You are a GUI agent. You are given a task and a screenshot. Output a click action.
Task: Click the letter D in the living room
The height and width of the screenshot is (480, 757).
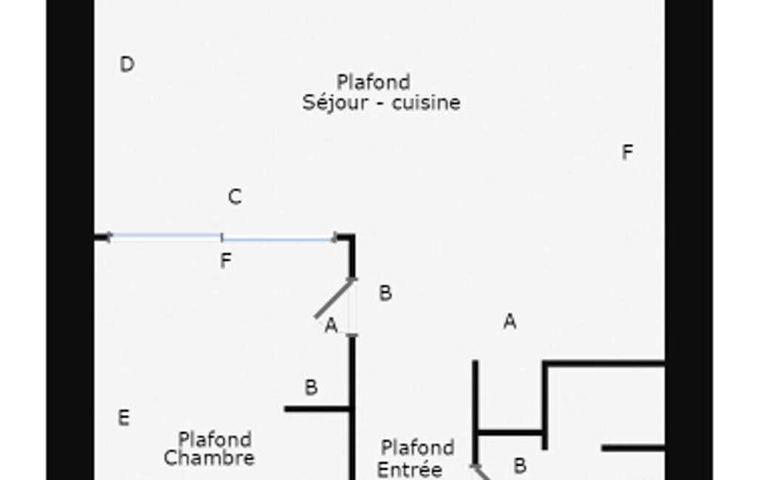click(127, 64)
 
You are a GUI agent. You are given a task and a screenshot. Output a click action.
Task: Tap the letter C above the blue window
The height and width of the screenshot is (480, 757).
click(235, 197)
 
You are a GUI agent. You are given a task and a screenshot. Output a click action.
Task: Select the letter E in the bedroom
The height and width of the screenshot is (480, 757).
click(123, 418)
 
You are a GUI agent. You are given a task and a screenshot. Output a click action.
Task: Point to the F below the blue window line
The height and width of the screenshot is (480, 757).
click(225, 261)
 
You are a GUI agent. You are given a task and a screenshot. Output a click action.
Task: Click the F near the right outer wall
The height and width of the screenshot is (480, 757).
click(627, 153)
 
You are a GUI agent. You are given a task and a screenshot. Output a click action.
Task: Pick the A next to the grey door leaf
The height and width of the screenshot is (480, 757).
click(331, 326)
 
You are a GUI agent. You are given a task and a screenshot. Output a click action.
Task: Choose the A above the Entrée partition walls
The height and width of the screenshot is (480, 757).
click(510, 322)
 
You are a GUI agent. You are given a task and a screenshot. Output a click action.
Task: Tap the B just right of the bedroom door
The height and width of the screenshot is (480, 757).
click(386, 293)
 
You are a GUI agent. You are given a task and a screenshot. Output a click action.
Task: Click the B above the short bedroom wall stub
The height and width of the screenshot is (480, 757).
click(311, 387)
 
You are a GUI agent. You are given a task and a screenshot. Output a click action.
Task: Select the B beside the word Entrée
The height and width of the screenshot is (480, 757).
click(519, 466)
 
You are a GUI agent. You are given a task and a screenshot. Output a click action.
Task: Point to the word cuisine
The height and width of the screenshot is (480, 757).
click(426, 103)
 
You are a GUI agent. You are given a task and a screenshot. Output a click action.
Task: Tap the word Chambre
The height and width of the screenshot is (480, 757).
click(209, 459)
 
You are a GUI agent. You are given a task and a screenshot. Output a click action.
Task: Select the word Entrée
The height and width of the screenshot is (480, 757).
click(409, 470)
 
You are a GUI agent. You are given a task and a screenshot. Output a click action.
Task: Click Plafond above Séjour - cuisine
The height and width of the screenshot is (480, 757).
click(374, 82)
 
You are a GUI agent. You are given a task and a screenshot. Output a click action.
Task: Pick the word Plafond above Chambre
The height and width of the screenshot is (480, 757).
click(215, 440)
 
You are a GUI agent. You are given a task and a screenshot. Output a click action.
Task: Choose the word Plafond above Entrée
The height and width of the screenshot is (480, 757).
click(417, 448)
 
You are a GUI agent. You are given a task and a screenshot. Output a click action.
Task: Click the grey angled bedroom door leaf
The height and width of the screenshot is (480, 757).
click(334, 298)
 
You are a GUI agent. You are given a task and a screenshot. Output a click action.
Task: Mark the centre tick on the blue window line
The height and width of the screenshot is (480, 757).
click(222, 237)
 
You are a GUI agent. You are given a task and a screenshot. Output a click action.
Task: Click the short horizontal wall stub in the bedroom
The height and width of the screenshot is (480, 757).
click(317, 410)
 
